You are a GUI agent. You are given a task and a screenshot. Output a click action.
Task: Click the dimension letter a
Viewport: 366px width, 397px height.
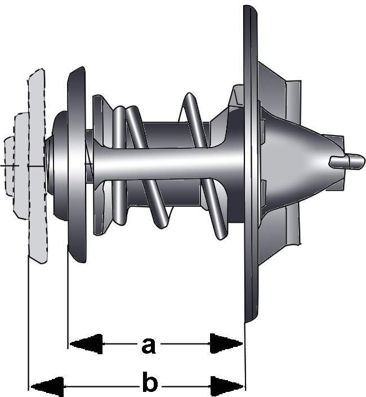coord(148,345)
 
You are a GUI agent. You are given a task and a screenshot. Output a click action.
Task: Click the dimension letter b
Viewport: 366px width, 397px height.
coord(150,381)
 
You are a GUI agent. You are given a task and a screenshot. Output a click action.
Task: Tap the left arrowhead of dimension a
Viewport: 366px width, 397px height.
coord(86,344)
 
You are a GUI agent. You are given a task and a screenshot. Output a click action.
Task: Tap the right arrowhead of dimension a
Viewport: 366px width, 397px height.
coord(226,344)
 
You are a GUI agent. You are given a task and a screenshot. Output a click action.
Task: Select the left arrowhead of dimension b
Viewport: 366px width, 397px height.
coord(47,387)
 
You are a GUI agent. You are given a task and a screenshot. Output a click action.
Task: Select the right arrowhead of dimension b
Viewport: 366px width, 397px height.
coord(227,386)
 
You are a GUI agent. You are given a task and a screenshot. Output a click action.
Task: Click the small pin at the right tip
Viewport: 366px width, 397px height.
coord(347,161)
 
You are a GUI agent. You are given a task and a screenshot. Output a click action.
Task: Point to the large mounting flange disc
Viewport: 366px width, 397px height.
coord(251,163)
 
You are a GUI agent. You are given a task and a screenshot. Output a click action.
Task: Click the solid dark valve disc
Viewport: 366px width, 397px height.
coord(77,164)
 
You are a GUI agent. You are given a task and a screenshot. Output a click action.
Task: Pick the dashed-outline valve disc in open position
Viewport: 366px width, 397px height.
coord(37,166)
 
